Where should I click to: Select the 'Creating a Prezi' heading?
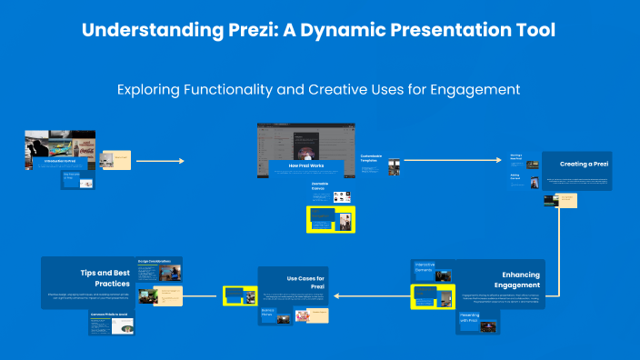click(584, 165)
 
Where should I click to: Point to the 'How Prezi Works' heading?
click(306, 165)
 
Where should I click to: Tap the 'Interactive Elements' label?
click(424, 267)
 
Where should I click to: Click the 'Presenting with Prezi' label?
click(469, 317)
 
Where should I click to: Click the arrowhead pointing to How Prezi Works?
click(180, 161)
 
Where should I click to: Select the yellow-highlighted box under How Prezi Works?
click(330, 218)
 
